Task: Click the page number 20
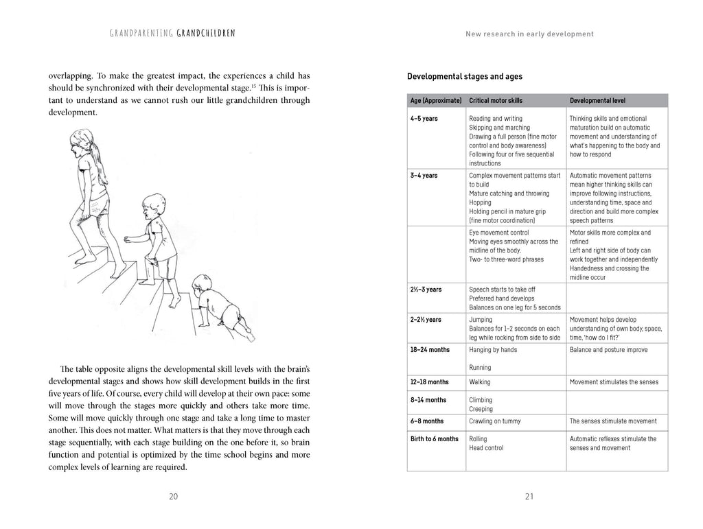tap(174, 497)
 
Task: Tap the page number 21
tap(529, 497)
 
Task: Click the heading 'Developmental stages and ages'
tap(465, 76)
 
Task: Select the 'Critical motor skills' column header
tap(495, 100)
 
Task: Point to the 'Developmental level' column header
tap(597, 100)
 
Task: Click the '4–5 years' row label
tap(424, 119)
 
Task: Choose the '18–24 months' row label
tap(430, 350)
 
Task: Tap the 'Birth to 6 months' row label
tap(434, 439)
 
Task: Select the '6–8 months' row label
tap(426, 421)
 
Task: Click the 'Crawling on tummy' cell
tap(494, 421)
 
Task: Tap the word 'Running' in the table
tap(481, 367)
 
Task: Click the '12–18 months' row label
tap(430, 381)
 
